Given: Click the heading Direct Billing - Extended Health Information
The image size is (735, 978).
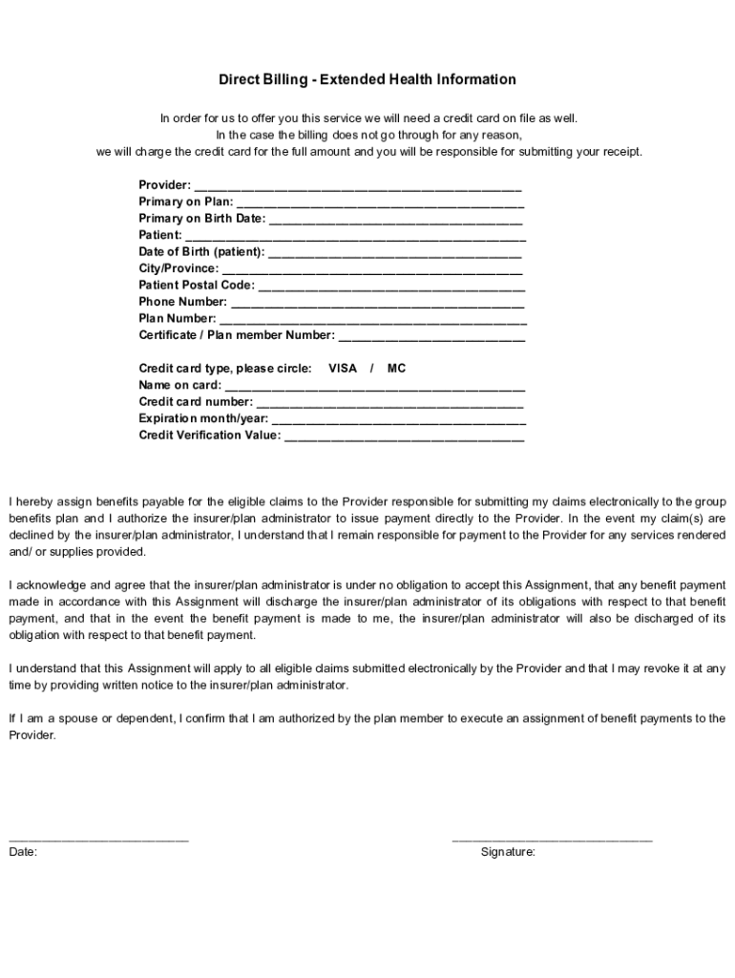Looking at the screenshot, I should (367, 79).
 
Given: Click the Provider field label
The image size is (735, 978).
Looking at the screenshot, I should (164, 185).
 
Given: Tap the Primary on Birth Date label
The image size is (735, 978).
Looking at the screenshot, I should (201, 219).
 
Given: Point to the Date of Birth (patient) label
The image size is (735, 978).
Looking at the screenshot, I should (201, 252).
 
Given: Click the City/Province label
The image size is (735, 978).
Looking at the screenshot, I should (178, 268).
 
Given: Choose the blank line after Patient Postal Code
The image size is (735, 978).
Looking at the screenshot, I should (391, 287).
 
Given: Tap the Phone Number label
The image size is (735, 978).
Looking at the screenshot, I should (182, 302).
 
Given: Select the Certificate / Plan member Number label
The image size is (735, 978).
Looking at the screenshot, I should (237, 335).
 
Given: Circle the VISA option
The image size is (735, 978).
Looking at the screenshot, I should (343, 369).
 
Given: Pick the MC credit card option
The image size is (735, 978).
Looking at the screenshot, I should (396, 369).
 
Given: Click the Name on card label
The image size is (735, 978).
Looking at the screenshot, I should (179, 386).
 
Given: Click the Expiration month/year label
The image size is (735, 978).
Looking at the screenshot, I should (203, 418).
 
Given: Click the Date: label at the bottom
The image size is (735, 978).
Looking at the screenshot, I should (23, 852).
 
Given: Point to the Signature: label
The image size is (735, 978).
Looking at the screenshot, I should (508, 852).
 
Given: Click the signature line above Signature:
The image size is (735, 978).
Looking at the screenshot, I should (552, 840).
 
